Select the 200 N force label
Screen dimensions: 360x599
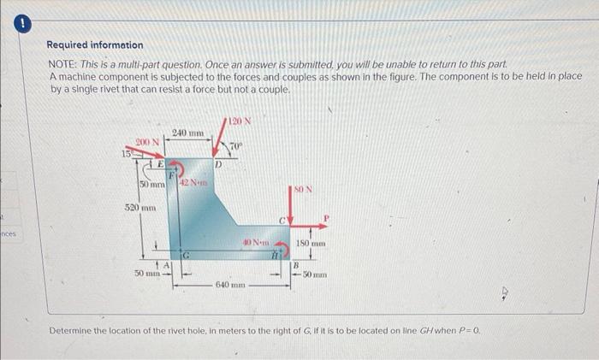click(146, 141)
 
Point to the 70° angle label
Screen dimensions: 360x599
click(237, 146)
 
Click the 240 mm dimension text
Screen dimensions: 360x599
click(188, 133)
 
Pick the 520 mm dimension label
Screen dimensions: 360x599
click(139, 208)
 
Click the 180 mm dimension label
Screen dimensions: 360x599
click(308, 245)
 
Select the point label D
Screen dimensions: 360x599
click(219, 162)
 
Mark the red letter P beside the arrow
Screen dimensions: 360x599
click(325, 220)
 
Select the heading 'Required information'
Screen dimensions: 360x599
click(95, 44)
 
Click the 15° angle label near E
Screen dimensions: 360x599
click(125, 153)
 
